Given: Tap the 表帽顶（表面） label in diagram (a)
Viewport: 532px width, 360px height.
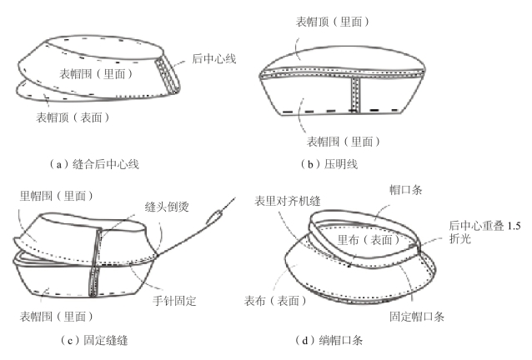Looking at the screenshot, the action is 73,118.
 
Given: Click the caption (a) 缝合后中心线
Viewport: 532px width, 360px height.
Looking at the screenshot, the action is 94,163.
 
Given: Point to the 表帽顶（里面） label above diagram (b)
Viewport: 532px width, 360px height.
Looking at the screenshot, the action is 333,20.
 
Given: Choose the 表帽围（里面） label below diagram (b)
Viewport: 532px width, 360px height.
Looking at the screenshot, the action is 343,142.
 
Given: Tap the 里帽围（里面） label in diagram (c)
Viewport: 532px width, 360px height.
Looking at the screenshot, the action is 55,196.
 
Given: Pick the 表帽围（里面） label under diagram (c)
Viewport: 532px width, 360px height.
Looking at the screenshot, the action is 57,317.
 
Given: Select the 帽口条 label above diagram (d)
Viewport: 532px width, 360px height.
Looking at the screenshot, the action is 408,189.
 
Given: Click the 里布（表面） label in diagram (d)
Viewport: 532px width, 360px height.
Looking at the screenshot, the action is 368,239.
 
